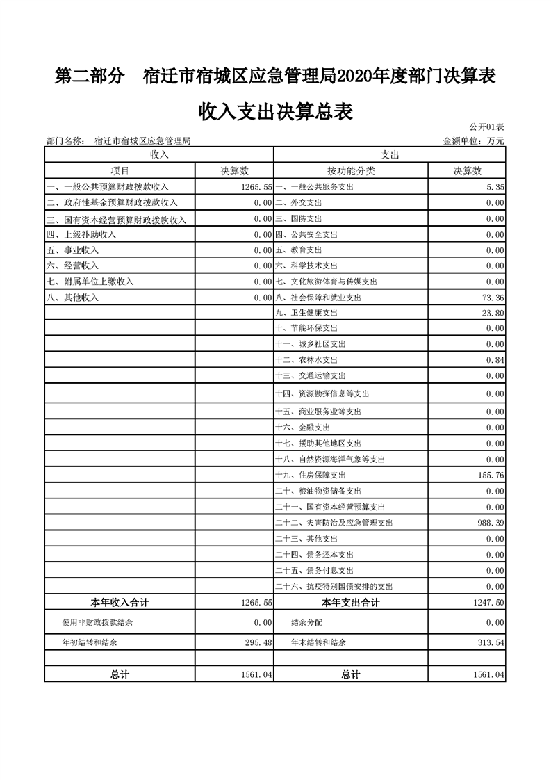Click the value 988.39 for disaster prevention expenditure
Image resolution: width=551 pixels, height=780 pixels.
491,523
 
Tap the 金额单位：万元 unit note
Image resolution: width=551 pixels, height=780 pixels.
473,140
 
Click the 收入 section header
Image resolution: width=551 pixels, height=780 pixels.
159,154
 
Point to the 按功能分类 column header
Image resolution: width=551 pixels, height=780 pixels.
351,171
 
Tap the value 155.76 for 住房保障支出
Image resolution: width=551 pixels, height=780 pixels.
491,476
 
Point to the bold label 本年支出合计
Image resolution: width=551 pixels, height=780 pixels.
351,602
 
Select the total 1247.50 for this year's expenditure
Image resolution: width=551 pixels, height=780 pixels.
488,602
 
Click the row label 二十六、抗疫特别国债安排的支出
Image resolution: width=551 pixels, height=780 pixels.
335,586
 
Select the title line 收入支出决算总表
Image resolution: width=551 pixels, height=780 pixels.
275,111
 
